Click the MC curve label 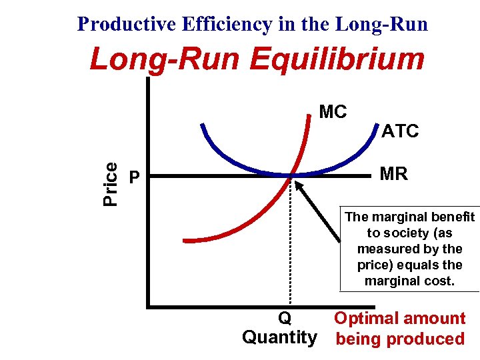click(x=333, y=111)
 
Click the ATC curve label click(x=400, y=131)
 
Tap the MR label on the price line click(x=393, y=175)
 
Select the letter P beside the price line click(x=135, y=177)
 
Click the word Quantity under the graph click(x=280, y=337)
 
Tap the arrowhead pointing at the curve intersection click(x=298, y=183)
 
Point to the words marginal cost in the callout click(x=409, y=281)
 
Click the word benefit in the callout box click(x=453, y=217)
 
